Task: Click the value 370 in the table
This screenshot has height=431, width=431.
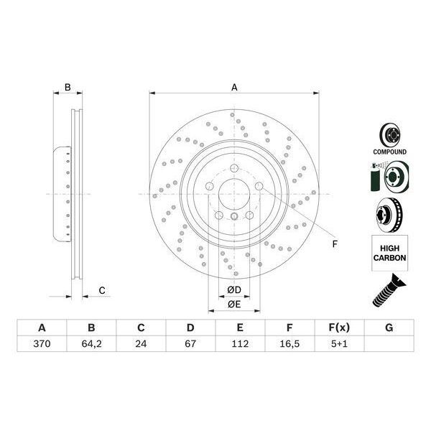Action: [x=42, y=345]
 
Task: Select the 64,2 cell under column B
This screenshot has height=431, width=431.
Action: [x=91, y=345]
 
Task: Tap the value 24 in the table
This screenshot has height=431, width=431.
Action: [x=141, y=345]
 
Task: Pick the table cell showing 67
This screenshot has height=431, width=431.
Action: [x=190, y=345]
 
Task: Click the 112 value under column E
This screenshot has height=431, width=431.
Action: [x=240, y=345]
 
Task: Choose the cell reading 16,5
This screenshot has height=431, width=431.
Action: [x=289, y=345]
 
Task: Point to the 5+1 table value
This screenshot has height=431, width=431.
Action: [x=339, y=345]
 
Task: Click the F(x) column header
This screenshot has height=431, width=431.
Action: [x=339, y=328]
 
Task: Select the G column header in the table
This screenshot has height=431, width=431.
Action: [x=389, y=328]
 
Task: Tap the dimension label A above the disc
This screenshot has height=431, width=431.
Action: [x=234, y=88]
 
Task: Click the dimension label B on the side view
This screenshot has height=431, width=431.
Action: [x=67, y=88]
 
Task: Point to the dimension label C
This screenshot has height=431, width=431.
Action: [x=102, y=290]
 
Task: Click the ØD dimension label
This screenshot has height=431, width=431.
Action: [x=233, y=289]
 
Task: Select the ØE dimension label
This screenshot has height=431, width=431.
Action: [x=233, y=304]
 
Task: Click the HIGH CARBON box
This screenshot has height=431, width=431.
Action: [x=389, y=252]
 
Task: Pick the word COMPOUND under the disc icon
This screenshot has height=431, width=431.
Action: [x=389, y=152]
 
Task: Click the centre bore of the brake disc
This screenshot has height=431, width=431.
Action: [x=234, y=194]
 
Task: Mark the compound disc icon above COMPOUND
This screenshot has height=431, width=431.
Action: [x=389, y=134]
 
